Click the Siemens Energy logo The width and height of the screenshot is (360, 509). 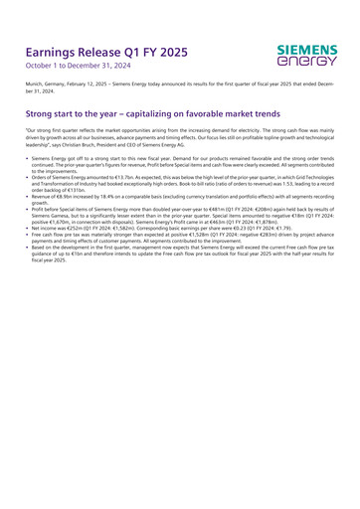tap(307, 55)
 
